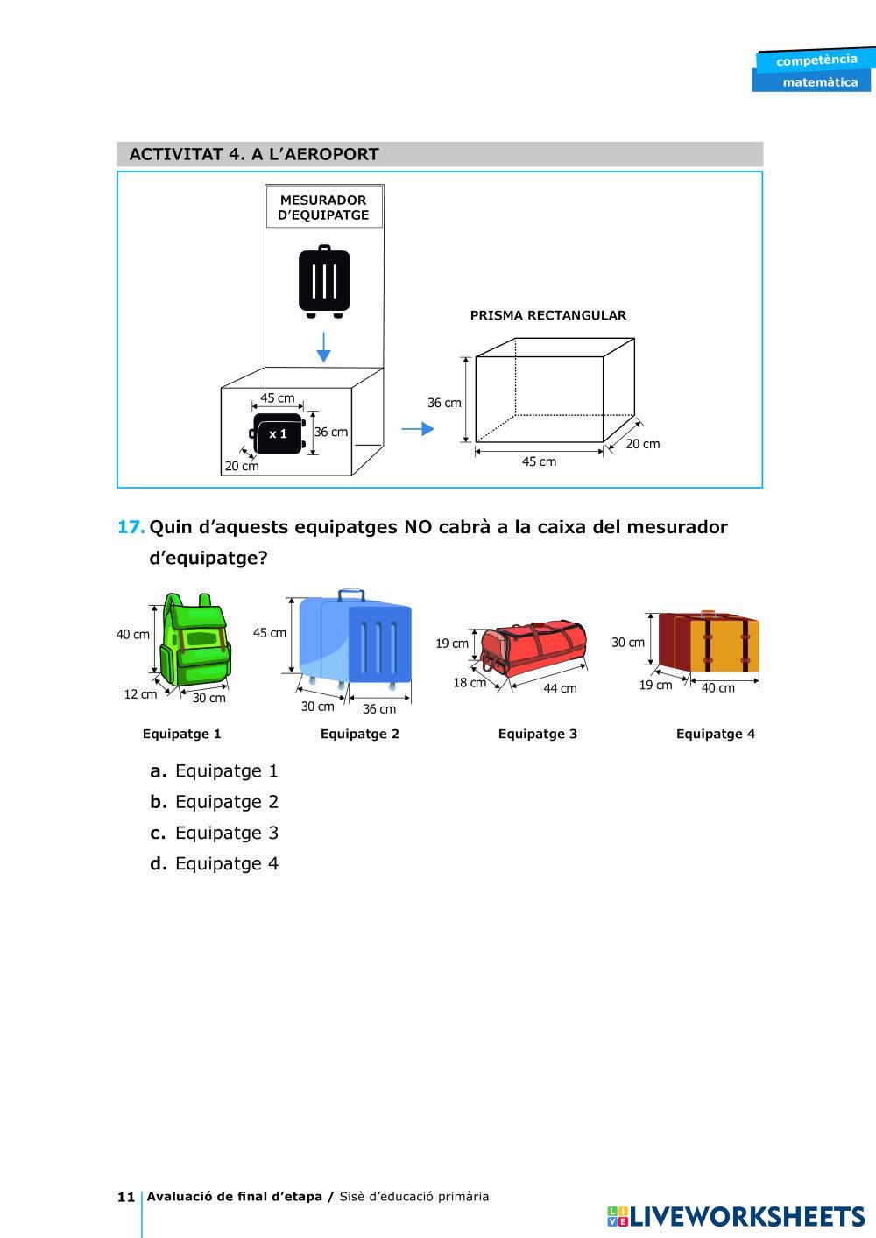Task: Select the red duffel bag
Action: [533, 648]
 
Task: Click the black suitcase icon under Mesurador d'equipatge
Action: [324, 281]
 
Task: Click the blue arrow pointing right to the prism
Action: [417, 429]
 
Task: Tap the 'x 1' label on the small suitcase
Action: [279, 433]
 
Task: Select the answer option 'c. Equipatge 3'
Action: [215, 833]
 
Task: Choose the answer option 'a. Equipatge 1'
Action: [215, 771]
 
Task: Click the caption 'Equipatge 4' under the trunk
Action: [715, 734]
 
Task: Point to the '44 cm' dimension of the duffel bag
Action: [560, 688]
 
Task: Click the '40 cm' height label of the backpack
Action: [133, 634]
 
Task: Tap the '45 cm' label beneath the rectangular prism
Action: [539, 461]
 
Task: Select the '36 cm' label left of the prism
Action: [444, 403]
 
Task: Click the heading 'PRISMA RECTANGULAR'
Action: [547, 315]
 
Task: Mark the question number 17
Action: [131, 527]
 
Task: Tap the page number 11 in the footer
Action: [125, 1197]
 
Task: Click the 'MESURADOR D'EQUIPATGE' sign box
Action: [324, 208]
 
